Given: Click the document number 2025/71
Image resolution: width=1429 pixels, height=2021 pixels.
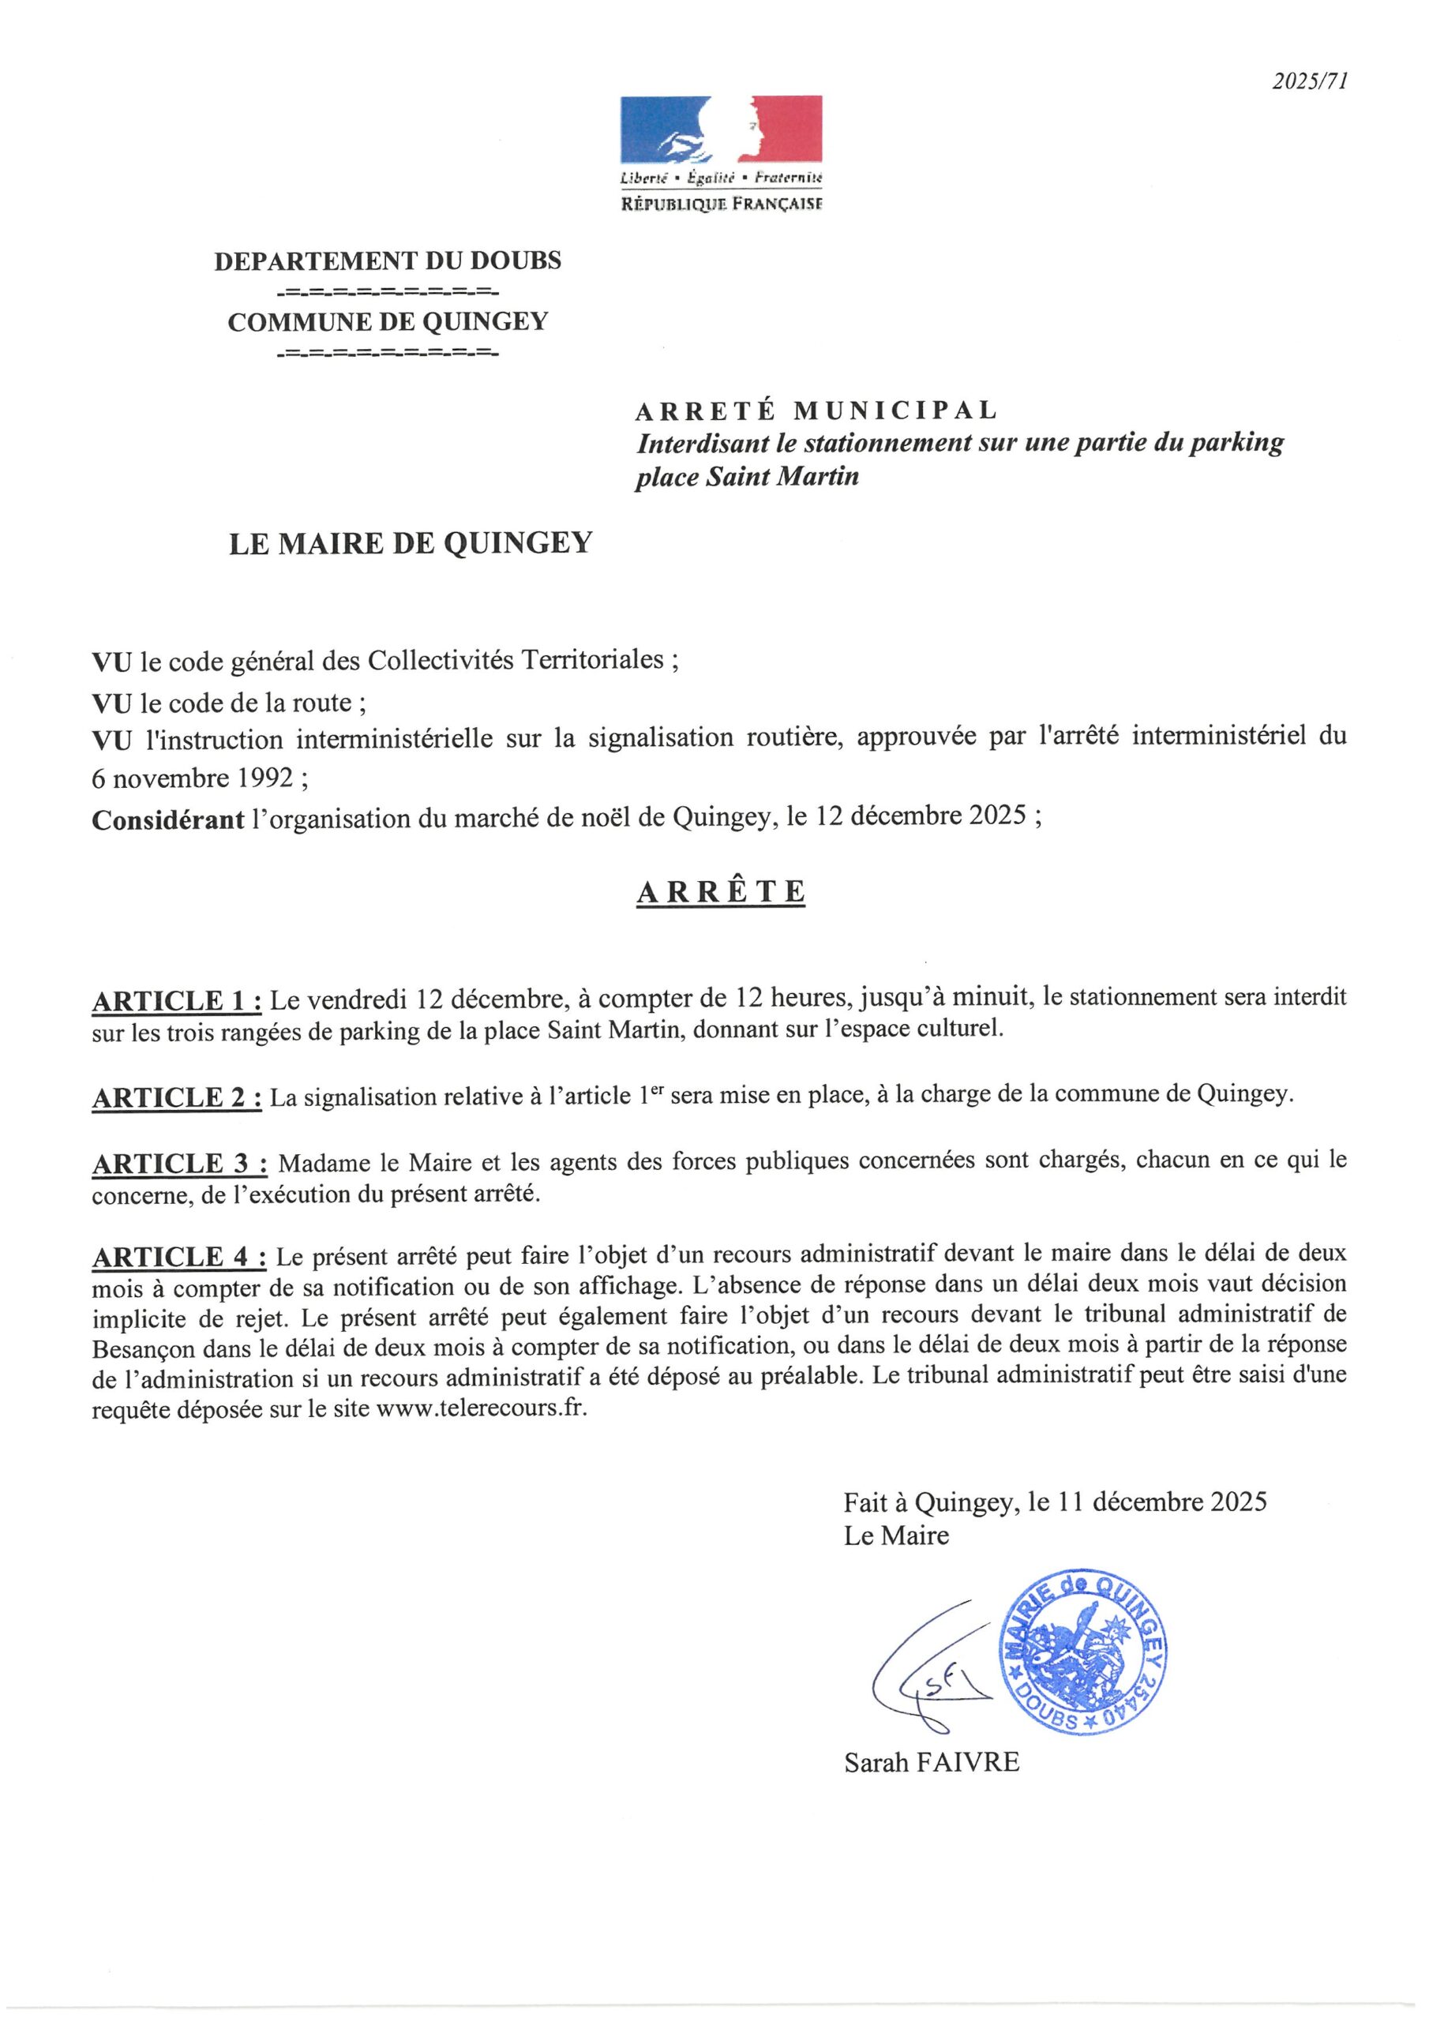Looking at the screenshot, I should tap(1309, 82).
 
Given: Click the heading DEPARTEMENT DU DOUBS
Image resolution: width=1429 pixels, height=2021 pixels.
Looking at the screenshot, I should tap(388, 261).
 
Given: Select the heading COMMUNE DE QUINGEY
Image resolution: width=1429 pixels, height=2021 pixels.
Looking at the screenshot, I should tap(388, 322).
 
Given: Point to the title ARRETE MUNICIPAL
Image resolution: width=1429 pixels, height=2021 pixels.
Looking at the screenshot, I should tap(816, 411).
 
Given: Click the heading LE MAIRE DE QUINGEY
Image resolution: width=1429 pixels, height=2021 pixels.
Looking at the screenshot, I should tap(411, 543).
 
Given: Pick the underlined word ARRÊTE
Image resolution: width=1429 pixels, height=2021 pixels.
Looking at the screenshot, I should tap(720, 891).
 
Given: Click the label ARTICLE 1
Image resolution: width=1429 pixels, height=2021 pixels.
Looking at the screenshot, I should tap(176, 1001).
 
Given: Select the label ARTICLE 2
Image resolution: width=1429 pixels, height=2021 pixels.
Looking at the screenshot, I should tap(176, 1097).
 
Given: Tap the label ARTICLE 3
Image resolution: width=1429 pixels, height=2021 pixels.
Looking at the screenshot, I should tap(178, 1164).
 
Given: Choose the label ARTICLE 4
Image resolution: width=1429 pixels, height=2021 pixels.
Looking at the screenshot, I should tap(178, 1257).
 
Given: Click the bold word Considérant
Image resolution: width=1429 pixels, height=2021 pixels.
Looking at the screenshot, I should tap(167, 819).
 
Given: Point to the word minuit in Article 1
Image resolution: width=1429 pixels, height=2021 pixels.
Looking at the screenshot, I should tap(995, 998).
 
